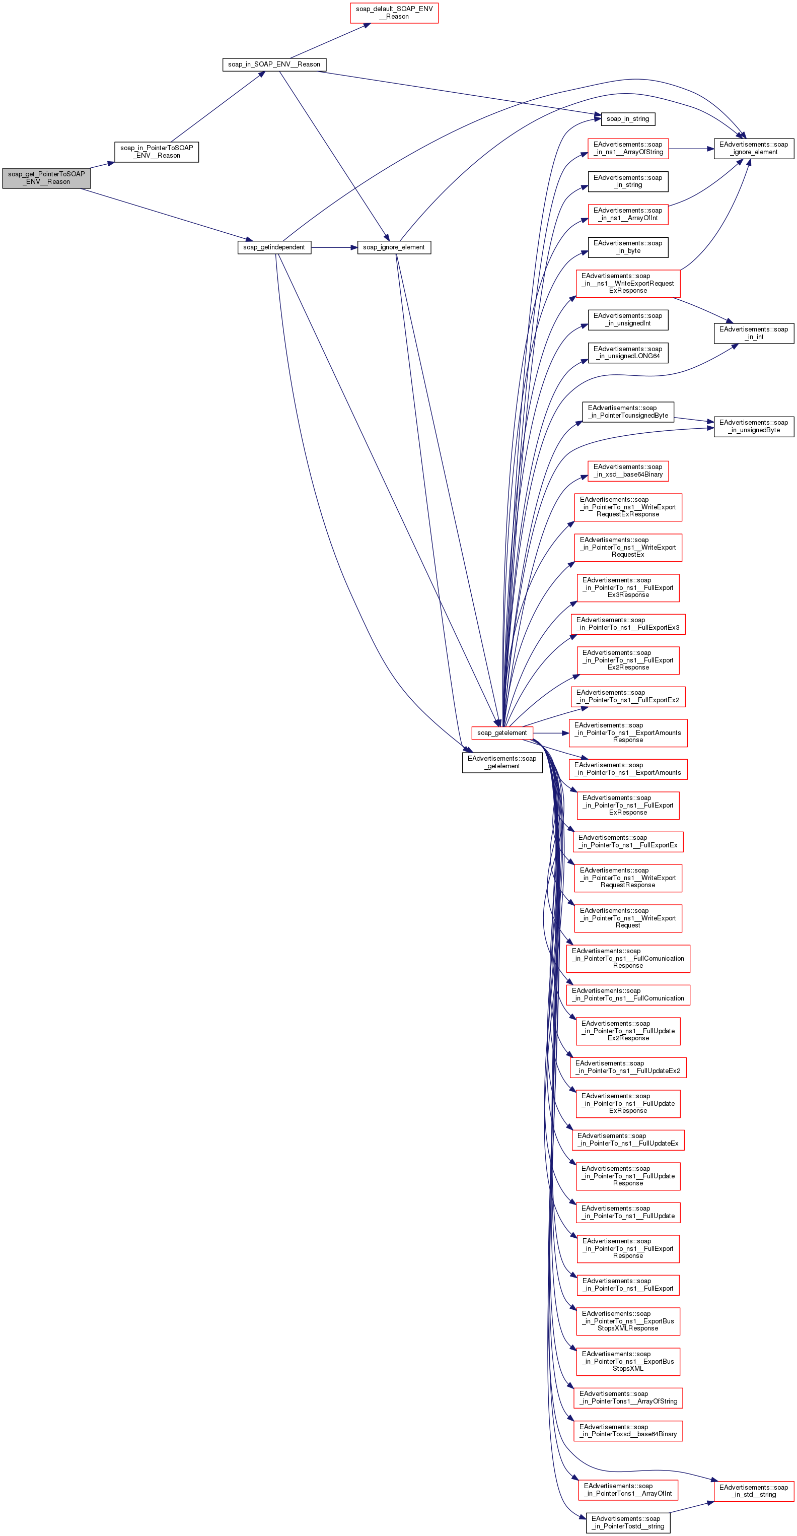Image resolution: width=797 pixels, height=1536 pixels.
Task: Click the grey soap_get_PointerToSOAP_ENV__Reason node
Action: (46, 178)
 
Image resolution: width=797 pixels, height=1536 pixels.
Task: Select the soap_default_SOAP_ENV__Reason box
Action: (394, 13)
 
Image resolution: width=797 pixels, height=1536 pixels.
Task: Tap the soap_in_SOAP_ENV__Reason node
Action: (274, 64)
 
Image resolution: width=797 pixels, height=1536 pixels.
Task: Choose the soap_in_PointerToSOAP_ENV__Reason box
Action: (156, 152)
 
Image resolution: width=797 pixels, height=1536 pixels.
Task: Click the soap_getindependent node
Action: (274, 247)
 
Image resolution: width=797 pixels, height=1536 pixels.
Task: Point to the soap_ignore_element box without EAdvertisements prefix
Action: (394, 247)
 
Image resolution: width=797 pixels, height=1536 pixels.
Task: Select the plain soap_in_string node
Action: (628, 119)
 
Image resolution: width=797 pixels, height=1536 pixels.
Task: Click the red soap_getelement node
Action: (502, 733)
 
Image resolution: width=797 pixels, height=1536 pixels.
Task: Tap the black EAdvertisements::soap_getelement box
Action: (502, 762)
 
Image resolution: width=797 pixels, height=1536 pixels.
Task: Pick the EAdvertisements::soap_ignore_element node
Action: (754, 149)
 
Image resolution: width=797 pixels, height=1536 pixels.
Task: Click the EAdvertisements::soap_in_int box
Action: (754, 333)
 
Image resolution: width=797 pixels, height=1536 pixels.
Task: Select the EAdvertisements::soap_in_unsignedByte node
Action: (754, 426)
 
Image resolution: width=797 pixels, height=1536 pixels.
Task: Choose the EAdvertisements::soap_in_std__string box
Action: (754, 1491)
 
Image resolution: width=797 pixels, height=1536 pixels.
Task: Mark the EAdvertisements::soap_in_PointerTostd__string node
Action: (628, 1522)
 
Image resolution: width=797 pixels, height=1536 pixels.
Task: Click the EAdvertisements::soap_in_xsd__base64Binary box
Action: (628, 471)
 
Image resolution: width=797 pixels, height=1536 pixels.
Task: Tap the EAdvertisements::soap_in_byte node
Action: (628, 247)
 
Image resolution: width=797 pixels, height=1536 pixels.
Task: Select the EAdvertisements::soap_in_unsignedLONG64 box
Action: (628, 353)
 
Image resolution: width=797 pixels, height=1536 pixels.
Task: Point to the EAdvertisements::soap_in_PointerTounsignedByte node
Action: (628, 412)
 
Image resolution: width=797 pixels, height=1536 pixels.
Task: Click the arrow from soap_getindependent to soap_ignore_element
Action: (334, 247)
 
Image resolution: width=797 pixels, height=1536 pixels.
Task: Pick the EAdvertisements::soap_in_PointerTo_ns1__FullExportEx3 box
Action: (628, 624)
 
